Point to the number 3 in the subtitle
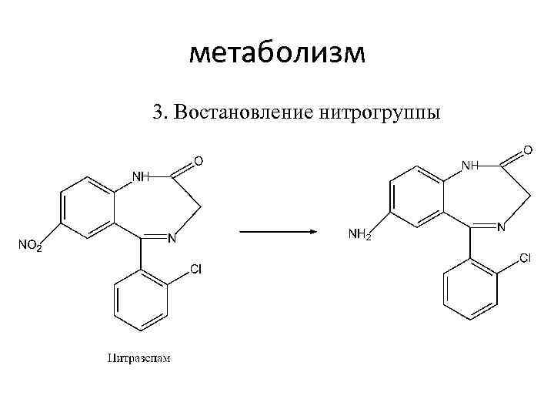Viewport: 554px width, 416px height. [x=158, y=112]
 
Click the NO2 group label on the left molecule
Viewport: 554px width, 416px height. [x=30, y=247]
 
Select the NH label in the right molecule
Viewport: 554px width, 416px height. [x=470, y=165]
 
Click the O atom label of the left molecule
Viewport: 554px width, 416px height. [x=199, y=161]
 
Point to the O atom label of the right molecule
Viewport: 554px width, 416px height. [x=528, y=149]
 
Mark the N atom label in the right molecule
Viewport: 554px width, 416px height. [x=501, y=227]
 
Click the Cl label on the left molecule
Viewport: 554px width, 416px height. [x=195, y=269]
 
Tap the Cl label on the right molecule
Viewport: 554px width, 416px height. [x=525, y=258]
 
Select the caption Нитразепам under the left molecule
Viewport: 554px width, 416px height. [x=138, y=357]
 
